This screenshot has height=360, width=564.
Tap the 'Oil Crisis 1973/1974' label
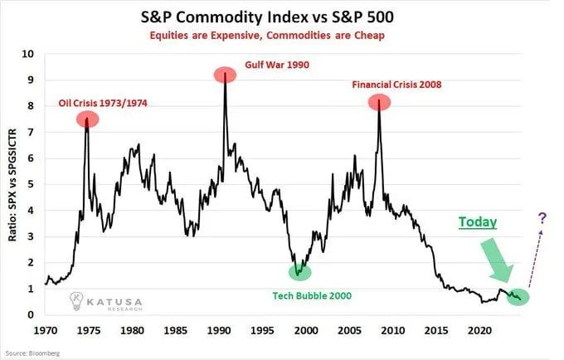coord(110,104)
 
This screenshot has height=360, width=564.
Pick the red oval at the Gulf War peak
coord(225,75)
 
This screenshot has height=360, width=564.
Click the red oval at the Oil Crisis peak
coord(87,119)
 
